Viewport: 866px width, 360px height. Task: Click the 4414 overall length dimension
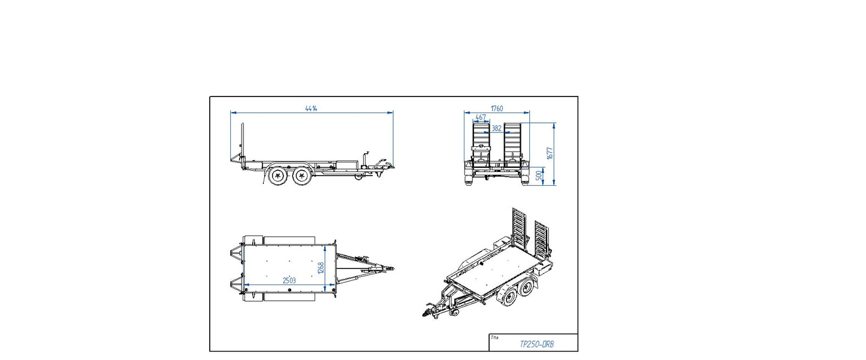310,108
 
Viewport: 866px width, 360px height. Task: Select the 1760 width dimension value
496,108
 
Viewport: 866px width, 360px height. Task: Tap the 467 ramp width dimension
481,117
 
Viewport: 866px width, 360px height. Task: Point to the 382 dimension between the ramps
496,128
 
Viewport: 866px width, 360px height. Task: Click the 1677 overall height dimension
550,153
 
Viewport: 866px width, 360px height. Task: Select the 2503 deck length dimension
288,280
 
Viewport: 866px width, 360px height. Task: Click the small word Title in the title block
494,337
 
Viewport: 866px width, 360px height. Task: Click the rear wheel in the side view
277,176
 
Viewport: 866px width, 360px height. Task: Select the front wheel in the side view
303,176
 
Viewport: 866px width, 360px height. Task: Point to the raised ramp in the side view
242,141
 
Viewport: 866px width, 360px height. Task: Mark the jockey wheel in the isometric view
455,312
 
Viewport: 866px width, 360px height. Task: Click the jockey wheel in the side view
358,176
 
